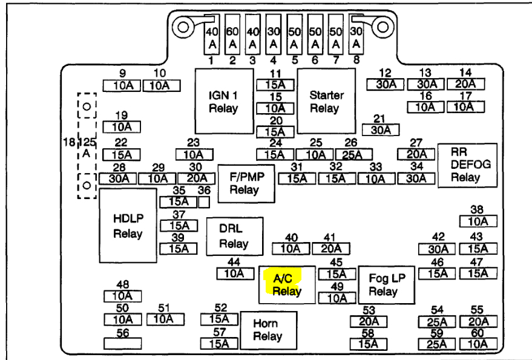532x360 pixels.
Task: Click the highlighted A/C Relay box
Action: pos(287,284)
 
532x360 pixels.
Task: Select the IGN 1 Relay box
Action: pos(225,101)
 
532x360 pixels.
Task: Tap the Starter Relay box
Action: pos(326,101)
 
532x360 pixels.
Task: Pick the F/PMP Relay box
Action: pos(246,183)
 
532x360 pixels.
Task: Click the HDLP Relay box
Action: pos(128,226)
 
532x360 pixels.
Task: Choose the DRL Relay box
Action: pos(235,236)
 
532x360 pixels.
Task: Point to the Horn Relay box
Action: pos(269,330)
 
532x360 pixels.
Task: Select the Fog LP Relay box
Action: pos(387,285)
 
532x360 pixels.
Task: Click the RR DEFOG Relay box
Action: pos(467,165)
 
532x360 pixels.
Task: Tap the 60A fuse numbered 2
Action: pos(232,34)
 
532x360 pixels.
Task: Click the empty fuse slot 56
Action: pos(122,344)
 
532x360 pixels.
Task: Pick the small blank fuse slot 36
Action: pos(204,202)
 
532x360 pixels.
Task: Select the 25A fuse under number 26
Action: pos(354,155)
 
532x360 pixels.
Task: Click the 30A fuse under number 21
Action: pos(381,130)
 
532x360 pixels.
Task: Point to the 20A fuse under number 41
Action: pos(331,249)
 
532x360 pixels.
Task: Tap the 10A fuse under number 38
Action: pos(478,221)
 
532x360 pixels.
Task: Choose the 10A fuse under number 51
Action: pos(166,319)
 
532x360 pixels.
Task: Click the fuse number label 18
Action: pos(69,142)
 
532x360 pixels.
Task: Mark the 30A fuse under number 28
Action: pos(118,178)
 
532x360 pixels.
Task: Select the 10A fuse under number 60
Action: pos(478,344)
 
